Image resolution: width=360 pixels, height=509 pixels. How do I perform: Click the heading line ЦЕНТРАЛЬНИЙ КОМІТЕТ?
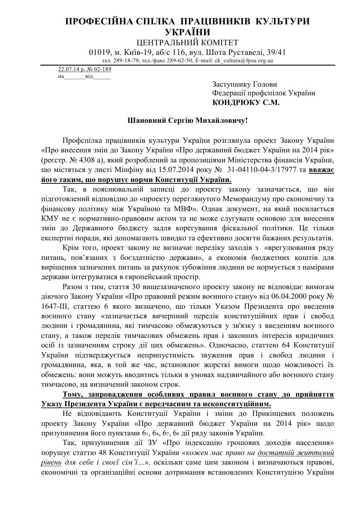click(x=187, y=42)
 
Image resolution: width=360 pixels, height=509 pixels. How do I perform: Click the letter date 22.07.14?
click(x=66, y=70)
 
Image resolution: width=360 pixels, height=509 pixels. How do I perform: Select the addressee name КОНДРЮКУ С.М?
click(x=246, y=103)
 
